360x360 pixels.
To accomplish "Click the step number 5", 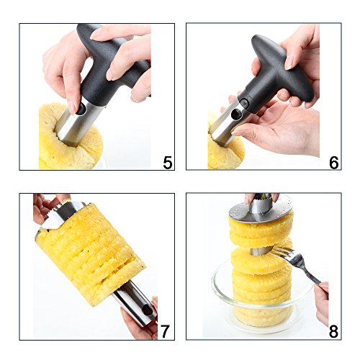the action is [x=168, y=163].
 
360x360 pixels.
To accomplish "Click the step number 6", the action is [x=334, y=163].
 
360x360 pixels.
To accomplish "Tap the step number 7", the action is [x=165, y=331].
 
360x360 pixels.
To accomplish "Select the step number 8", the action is [x=334, y=331].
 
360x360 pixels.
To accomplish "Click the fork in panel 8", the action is [x=297, y=264].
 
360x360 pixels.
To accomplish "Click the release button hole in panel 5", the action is [x=81, y=109].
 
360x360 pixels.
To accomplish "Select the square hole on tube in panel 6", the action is [x=238, y=113].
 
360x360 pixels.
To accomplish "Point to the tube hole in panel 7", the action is [x=147, y=312].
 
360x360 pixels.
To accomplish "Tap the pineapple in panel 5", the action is [x=70, y=142].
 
